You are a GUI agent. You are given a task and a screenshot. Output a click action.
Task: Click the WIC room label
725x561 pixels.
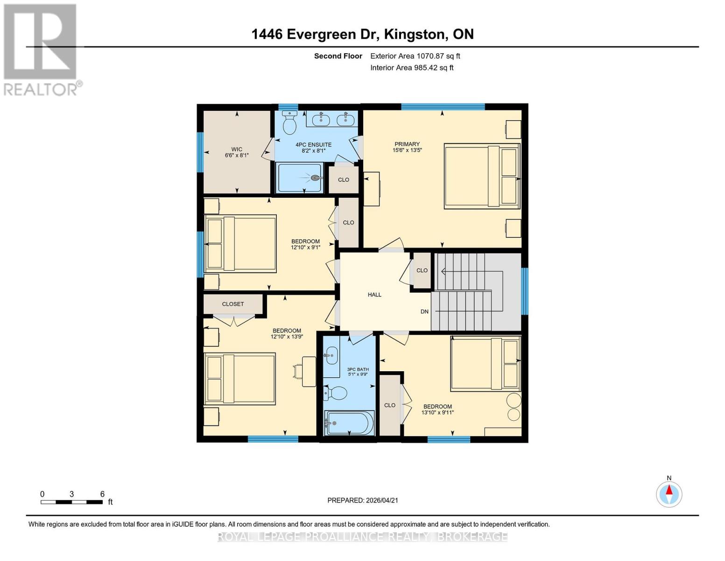[237, 150]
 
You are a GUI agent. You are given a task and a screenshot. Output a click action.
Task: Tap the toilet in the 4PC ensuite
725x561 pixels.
[290, 123]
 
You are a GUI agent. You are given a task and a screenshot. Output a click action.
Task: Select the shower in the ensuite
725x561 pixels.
[299, 178]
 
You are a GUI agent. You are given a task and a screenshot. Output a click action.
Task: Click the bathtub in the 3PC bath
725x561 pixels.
[349, 423]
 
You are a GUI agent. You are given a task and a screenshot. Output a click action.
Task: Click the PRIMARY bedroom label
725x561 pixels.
[407, 144]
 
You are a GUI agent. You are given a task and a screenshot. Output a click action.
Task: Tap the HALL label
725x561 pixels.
[374, 295]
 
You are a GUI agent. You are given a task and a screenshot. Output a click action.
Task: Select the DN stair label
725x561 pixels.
[424, 311]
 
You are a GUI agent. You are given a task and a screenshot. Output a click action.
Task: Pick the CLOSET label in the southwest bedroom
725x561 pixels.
[233, 304]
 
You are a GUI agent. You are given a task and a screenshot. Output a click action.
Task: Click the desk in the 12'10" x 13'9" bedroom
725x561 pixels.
[309, 371]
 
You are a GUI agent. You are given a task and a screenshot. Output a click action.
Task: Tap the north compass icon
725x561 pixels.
[669, 494]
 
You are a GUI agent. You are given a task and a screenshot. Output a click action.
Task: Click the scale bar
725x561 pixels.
[71, 502]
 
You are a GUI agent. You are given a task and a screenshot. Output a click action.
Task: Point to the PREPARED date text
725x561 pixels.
[363, 500]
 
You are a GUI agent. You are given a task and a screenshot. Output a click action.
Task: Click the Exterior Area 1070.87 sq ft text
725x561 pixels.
[415, 56]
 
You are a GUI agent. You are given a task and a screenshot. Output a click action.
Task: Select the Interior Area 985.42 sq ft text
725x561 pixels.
[412, 68]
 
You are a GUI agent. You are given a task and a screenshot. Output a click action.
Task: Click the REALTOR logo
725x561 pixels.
[41, 49]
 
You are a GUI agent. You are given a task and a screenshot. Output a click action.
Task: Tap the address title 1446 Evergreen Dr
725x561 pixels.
[362, 34]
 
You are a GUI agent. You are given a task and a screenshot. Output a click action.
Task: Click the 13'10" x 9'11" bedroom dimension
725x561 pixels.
[437, 413]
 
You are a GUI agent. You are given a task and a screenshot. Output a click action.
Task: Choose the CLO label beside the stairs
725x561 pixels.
[422, 270]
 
